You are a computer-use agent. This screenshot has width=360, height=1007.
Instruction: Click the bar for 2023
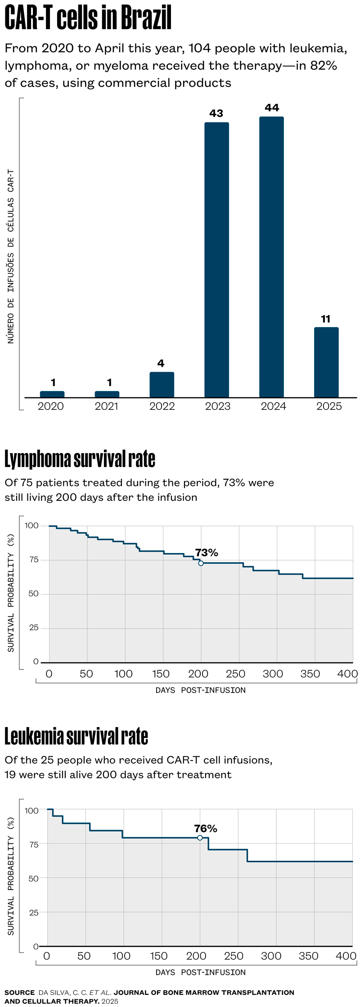216,260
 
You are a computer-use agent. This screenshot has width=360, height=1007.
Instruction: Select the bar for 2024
271,257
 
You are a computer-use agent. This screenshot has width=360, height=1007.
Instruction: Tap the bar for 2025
326,362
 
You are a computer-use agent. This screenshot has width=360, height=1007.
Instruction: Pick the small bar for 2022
162,385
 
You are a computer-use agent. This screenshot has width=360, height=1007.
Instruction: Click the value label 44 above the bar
272,108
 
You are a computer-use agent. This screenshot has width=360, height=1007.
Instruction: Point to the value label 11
326,319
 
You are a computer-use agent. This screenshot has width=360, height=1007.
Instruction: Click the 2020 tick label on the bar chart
51,406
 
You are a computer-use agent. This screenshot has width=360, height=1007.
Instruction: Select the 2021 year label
107,406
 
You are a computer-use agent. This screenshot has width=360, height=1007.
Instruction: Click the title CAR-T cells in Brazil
88,19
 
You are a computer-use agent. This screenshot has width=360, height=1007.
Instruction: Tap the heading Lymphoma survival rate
80,459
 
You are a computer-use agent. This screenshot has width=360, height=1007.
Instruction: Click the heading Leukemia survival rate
76,737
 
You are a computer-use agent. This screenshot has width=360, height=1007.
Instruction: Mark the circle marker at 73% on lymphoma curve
201,563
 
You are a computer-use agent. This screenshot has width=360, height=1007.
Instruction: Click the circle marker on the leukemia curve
200,838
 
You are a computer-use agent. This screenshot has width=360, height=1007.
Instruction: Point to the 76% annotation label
206,828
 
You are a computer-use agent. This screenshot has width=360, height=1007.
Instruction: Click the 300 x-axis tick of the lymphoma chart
273,674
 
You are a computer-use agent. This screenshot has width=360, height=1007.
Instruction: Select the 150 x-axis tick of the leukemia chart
159,956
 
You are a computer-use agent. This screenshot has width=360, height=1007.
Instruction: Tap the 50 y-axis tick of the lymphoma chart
34,594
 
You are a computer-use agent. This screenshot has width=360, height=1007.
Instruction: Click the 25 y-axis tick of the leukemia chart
34,913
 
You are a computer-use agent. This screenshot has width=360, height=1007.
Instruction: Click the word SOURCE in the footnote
19,992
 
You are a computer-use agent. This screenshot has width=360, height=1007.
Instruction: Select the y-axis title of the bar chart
11,256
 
